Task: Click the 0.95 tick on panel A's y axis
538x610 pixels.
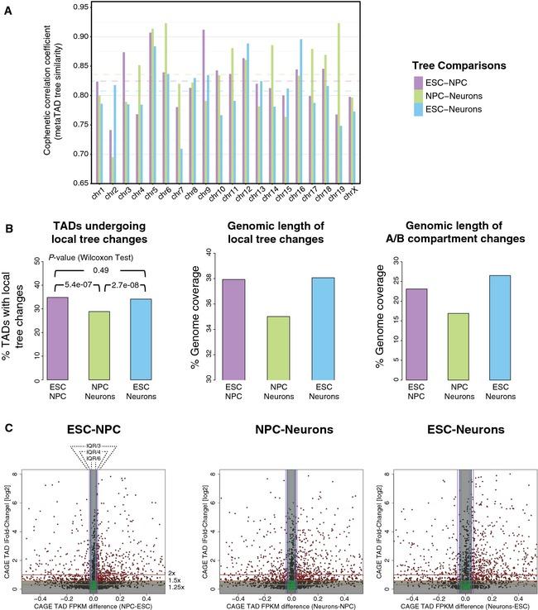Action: pyautogui.click(x=79, y=7)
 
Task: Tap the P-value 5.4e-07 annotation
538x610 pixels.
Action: pyautogui.click(x=72, y=287)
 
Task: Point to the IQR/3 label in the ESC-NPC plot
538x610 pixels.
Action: pyautogui.click(x=93, y=446)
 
